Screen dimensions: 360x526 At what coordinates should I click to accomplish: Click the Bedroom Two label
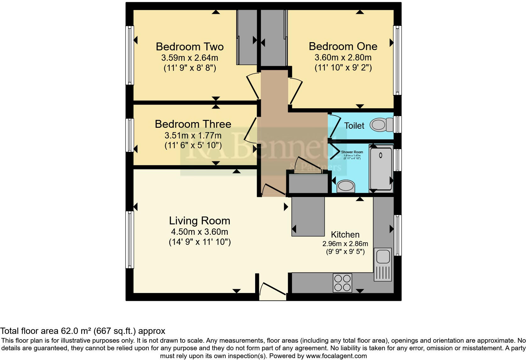click(190, 47)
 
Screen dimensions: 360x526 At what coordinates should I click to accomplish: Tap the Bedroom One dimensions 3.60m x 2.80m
click(343, 58)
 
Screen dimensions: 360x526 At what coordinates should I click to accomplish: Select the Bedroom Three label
click(193, 124)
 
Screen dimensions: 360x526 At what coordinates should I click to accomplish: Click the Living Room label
click(199, 221)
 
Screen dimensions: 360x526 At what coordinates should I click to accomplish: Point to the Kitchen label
click(345, 234)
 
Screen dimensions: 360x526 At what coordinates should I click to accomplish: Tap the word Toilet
click(354, 126)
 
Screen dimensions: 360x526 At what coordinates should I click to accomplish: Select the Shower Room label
click(352, 152)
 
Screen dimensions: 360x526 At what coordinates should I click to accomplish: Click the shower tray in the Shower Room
click(381, 168)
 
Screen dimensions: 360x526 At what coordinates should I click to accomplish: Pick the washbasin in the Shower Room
click(346, 186)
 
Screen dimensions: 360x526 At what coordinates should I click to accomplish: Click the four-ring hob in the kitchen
click(342, 283)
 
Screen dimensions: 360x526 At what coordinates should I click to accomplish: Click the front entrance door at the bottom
click(272, 291)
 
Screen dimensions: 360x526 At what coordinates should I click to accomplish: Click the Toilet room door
click(335, 127)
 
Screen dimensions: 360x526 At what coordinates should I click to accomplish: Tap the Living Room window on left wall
click(130, 239)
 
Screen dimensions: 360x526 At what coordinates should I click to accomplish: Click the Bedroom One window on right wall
click(397, 60)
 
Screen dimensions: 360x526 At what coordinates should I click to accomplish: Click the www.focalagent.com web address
click(336, 356)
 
